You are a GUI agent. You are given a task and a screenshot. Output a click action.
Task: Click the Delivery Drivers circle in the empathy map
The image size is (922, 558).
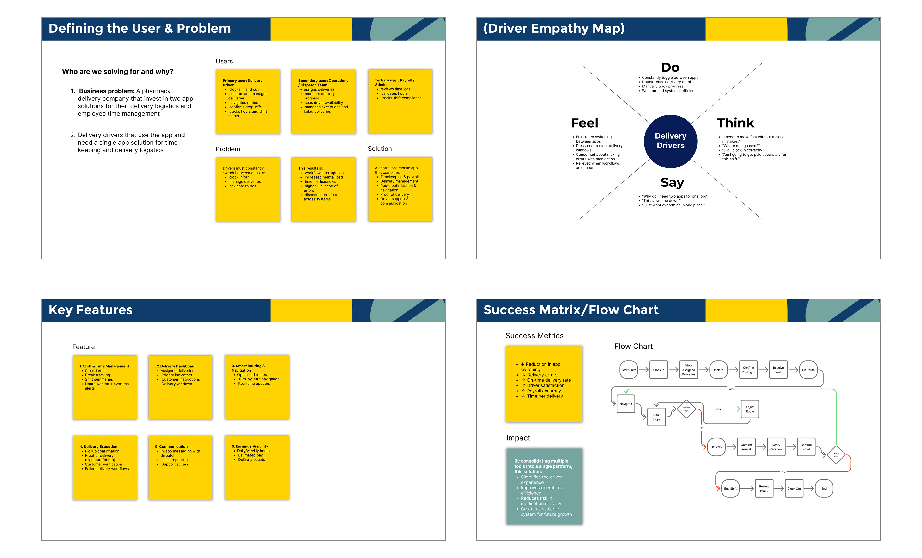[x=670, y=141]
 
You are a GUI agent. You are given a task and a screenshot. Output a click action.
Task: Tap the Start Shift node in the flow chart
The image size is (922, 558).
[x=629, y=370]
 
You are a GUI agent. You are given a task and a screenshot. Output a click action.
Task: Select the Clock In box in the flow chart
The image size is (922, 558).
[x=659, y=370]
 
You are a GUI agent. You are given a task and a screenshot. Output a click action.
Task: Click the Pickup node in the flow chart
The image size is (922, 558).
[x=718, y=370]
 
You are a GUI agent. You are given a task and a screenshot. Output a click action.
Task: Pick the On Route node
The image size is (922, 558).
[x=808, y=370]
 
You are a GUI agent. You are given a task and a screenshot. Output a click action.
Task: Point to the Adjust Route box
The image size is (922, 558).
[x=750, y=409]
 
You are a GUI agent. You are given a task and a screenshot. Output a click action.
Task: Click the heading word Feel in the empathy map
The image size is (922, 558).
[x=584, y=123]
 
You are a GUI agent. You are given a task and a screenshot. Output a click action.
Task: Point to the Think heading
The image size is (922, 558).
[x=735, y=123]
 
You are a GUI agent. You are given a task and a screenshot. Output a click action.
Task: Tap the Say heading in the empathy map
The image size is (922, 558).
[x=672, y=182]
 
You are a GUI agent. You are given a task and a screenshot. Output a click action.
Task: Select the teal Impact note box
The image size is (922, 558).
[x=544, y=486]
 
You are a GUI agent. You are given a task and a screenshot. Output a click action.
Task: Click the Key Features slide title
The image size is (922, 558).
[x=91, y=310]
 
